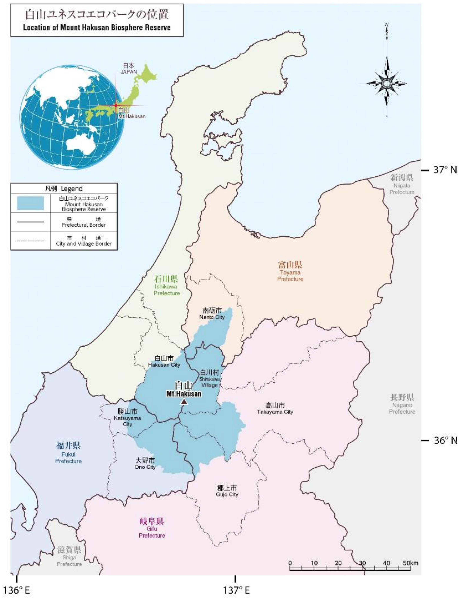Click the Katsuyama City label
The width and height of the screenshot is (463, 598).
[127, 418]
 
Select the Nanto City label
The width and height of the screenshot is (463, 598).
[212, 314]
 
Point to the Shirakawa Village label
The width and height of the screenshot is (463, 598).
[210, 379]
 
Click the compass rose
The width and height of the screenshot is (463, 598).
[387, 83]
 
